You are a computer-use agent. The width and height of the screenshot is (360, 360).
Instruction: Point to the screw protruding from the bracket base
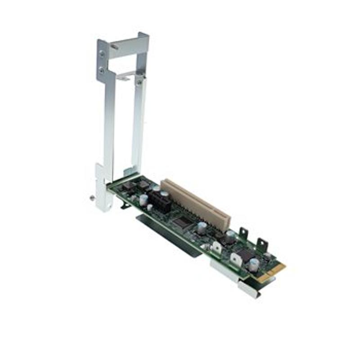(93, 197)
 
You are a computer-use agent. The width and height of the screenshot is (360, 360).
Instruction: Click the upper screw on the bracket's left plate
(103, 53)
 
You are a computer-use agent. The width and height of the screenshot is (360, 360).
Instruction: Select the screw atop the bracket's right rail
(139, 82)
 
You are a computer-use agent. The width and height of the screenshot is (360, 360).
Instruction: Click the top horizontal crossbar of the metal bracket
(128, 45)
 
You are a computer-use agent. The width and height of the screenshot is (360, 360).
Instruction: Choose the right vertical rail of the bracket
(138, 126)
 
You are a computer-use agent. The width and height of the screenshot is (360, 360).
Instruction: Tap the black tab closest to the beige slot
(243, 233)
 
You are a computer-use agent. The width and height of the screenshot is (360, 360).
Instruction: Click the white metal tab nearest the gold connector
(236, 259)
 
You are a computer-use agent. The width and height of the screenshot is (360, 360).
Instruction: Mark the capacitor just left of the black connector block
(144, 199)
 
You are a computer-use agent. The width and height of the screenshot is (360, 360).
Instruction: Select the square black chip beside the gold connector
(246, 254)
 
